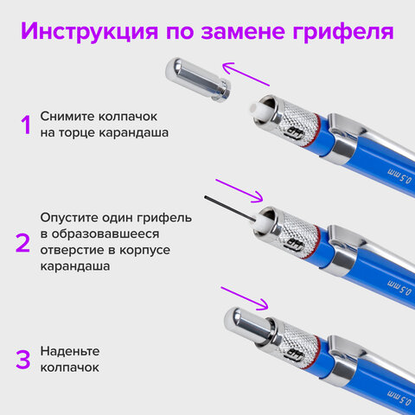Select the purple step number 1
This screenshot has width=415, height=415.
click(25, 124)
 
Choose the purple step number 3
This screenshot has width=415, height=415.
click(24, 357)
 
